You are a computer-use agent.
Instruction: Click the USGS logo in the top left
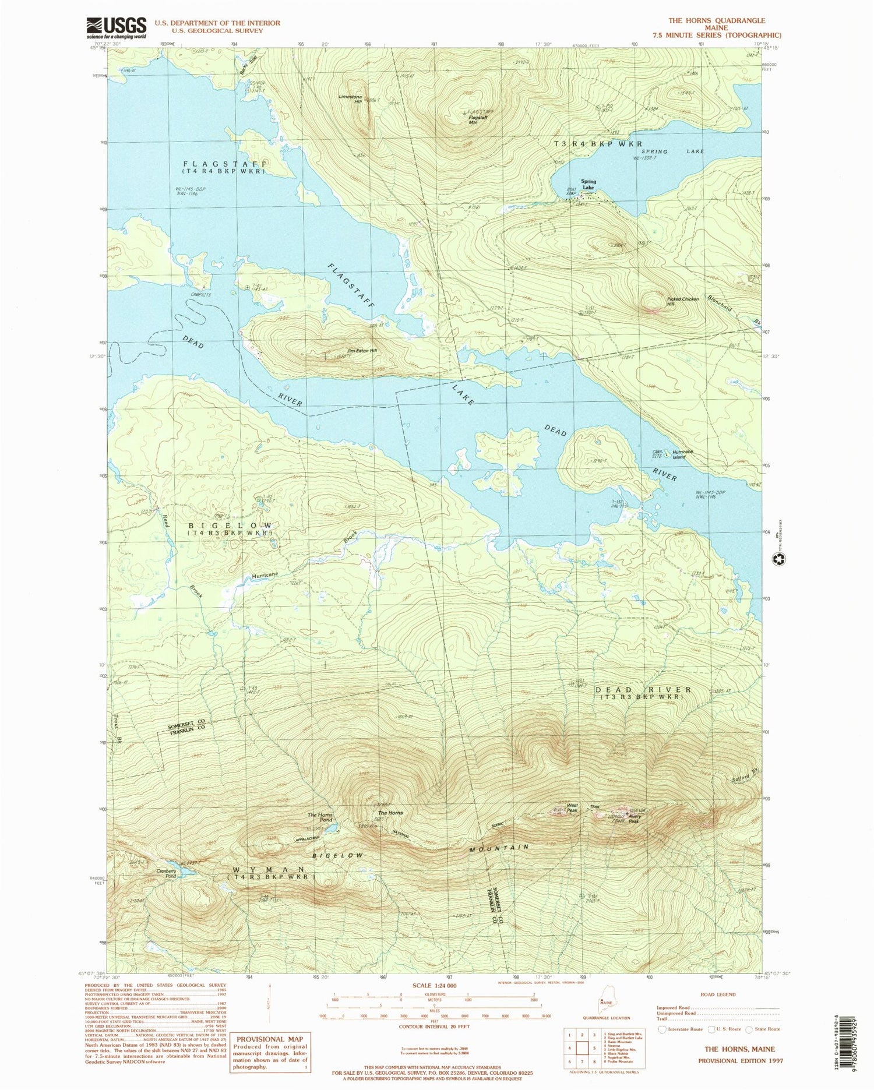pyautogui.click(x=117, y=27)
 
